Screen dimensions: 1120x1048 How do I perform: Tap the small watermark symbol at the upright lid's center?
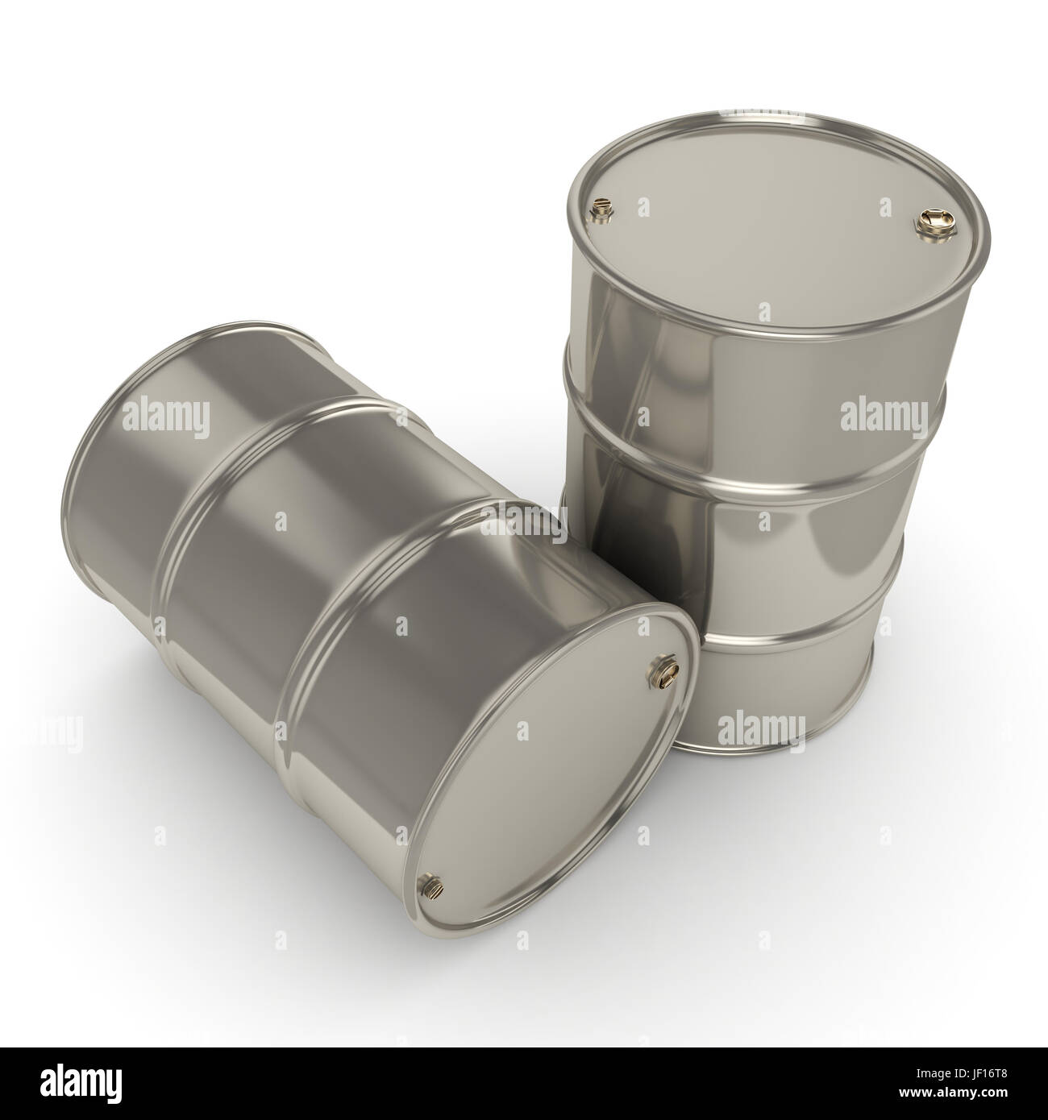tap(763, 310)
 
